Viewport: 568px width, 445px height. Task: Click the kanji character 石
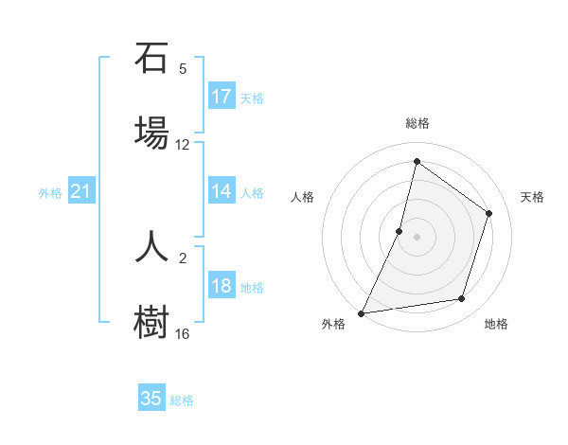click(x=151, y=59)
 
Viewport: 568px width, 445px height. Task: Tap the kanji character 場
click(x=151, y=131)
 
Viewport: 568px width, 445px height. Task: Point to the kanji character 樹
click(x=151, y=320)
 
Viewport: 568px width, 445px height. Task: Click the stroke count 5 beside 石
click(x=183, y=69)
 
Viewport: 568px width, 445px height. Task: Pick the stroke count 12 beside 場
click(x=183, y=145)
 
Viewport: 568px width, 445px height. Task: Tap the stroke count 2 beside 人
click(x=183, y=257)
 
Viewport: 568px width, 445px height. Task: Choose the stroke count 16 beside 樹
click(x=183, y=334)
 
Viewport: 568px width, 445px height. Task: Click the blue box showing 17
click(x=222, y=97)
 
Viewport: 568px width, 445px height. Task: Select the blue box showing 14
click(x=222, y=191)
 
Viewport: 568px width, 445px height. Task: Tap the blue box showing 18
click(x=222, y=287)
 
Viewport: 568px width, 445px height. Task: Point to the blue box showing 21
click(x=81, y=192)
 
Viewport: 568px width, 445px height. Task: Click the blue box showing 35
click(x=151, y=399)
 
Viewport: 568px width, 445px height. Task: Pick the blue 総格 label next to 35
click(x=182, y=400)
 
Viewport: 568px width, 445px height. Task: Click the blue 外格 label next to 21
click(x=50, y=193)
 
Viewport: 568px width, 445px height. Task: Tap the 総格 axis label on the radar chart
click(x=417, y=123)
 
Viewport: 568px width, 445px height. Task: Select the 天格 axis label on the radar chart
click(x=532, y=197)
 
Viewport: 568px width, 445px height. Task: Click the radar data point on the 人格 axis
click(x=399, y=231)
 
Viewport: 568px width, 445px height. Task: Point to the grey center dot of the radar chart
click(x=417, y=237)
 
